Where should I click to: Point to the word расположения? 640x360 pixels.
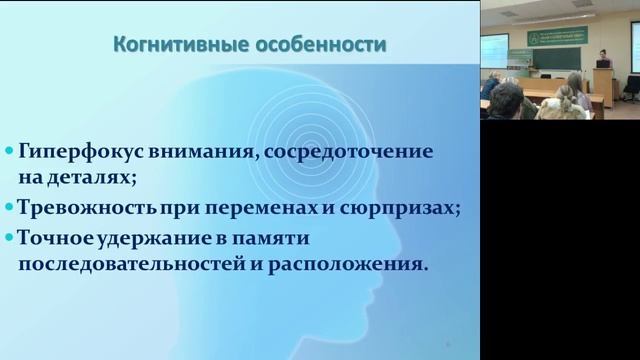(341, 266)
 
